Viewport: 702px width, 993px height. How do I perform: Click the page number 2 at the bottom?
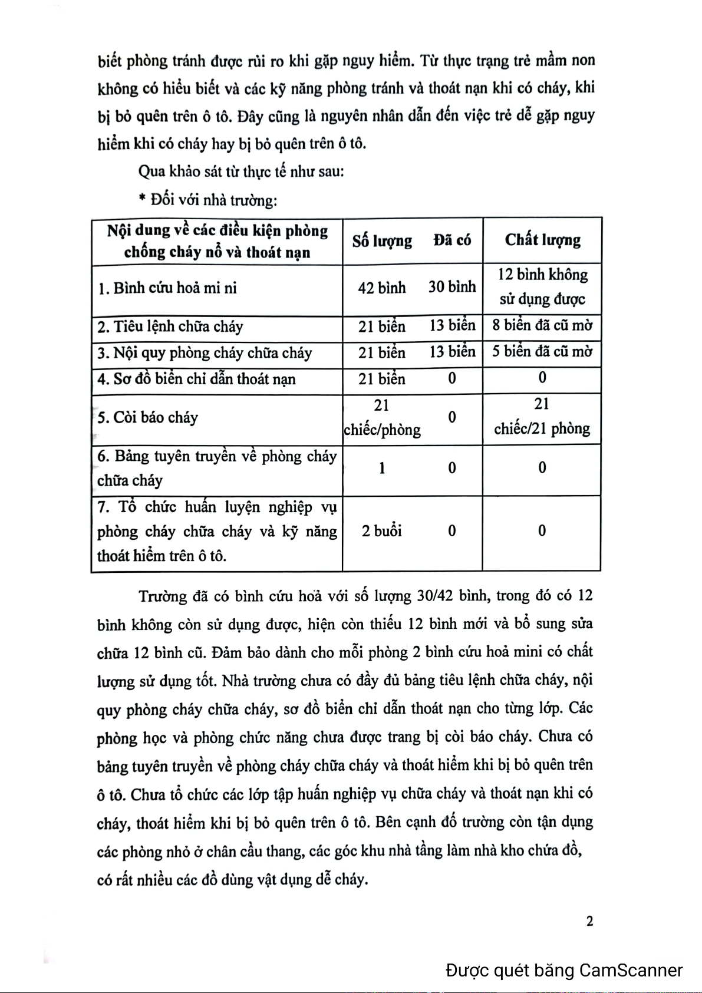589,921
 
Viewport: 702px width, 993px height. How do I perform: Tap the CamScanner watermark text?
564,970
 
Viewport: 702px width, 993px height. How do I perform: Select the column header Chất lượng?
542,240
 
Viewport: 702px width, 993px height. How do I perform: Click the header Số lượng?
382,240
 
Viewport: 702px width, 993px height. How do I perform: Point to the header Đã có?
452,240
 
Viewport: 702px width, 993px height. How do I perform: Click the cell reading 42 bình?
382,288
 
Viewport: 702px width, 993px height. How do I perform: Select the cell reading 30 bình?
452,287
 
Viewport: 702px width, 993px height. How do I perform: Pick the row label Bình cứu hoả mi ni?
167,288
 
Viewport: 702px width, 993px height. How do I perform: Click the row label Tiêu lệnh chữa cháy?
170,326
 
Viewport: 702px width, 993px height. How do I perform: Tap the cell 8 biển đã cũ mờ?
542,325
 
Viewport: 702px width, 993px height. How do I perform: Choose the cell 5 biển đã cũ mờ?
542,352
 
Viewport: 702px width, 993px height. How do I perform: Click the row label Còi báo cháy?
148,417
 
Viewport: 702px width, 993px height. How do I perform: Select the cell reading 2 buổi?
382,531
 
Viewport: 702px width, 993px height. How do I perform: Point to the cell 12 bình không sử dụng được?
542,287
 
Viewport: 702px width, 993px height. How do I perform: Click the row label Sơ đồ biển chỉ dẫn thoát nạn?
197,379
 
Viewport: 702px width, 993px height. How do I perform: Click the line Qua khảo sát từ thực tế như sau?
241,171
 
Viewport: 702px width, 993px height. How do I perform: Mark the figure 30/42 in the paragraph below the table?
434,596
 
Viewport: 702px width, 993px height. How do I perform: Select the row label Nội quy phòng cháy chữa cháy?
205,353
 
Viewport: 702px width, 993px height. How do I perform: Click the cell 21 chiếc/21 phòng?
542,417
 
